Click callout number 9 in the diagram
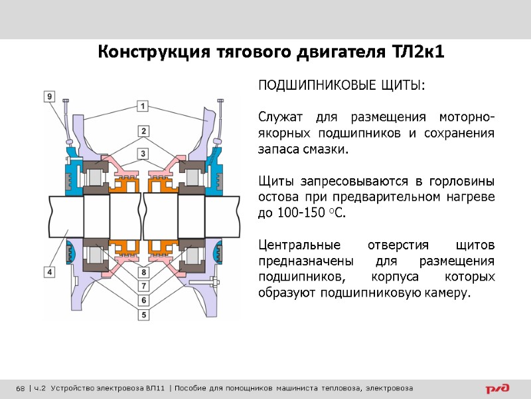(x=50, y=96)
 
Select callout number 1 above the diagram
(x=143, y=106)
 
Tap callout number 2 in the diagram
(x=143, y=130)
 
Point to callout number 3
(x=143, y=154)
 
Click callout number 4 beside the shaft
(x=50, y=271)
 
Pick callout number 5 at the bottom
(x=143, y=312)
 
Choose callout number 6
(x=143, y=299)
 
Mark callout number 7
(x=143, y=285)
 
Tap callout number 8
(x=143, y=272)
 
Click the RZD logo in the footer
(x=497, y=388)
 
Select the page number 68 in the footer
(x=20, y=388)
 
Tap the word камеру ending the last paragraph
(x=445, y=293)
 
